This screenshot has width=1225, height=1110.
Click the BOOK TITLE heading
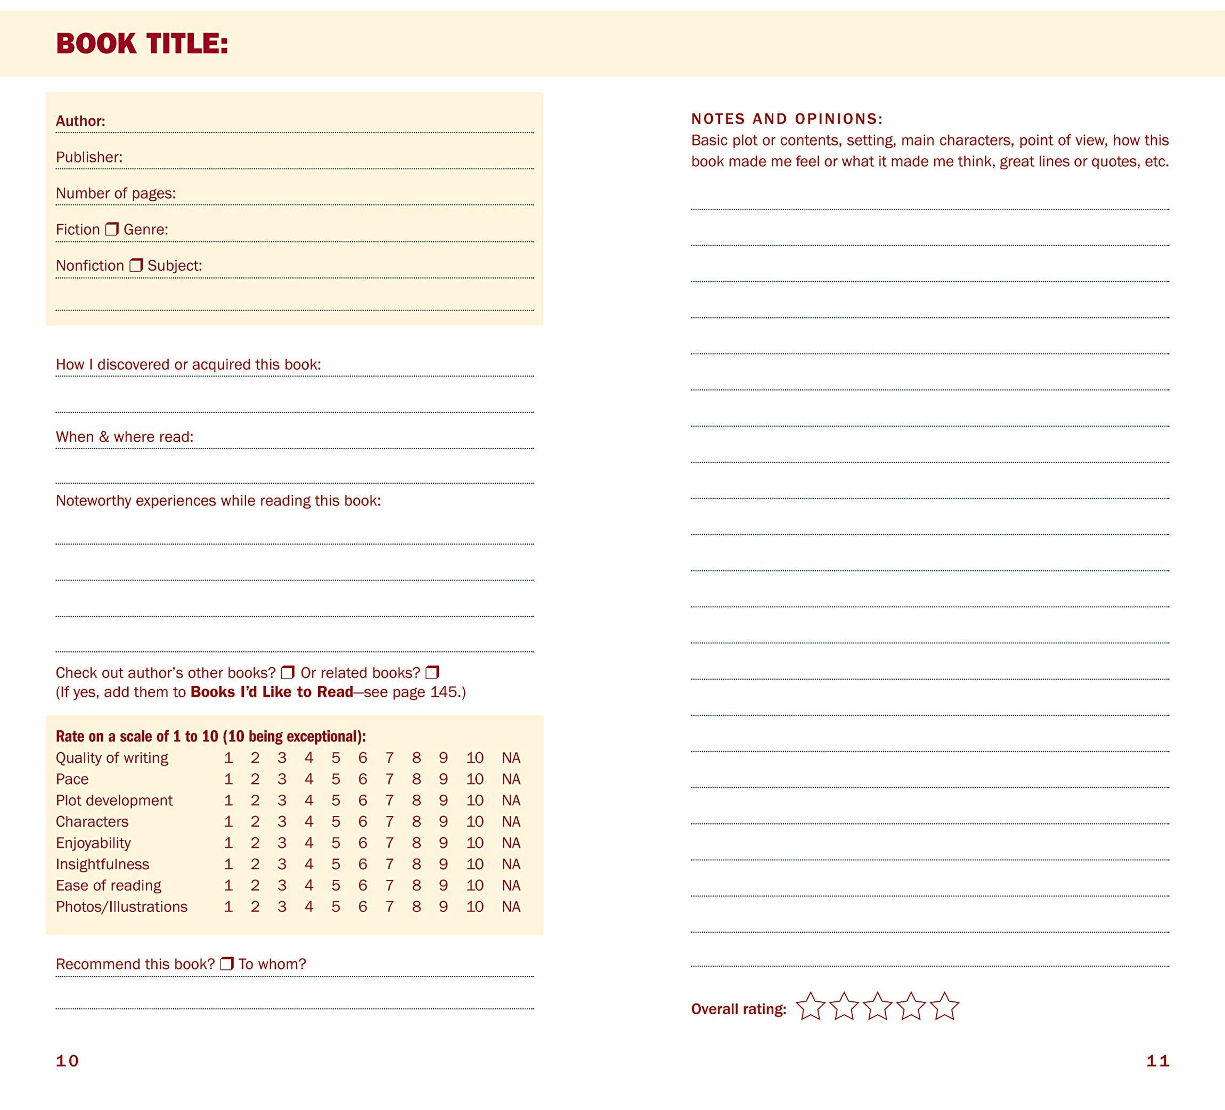[x=142, y=44]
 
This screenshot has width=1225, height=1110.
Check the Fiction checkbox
[x=112, y=229]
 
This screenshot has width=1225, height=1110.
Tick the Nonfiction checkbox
[x=136, y=265]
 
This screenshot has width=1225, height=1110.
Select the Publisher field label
[x=89, y=157]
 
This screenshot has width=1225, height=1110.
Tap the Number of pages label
[x=116, y=193]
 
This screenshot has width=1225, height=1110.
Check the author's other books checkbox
[x=288, y=673]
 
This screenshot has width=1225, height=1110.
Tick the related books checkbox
[x=432, y=673]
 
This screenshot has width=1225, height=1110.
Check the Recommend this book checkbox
[x=227, y=964]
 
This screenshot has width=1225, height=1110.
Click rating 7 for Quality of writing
[x=389, y=757]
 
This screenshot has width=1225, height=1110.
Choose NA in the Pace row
[x=511, y=779]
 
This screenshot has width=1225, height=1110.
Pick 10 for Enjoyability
[x=475, y=843]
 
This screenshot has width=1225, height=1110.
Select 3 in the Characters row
[x=282, y=821]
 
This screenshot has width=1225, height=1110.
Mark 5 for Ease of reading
[x=336, y=885]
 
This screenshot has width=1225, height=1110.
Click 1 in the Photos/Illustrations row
[x=228, y=907]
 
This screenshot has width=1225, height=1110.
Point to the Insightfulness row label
[x=102, y=864]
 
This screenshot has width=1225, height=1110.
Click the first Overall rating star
[x=811, y=1007]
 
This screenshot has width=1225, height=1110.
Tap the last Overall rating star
[x=945, y=1007]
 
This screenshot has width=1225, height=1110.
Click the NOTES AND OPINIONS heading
[x=787, y=119]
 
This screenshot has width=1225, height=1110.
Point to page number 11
[x=1157, y=1061]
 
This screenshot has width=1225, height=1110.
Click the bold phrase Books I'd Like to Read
[x=272, y=692]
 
